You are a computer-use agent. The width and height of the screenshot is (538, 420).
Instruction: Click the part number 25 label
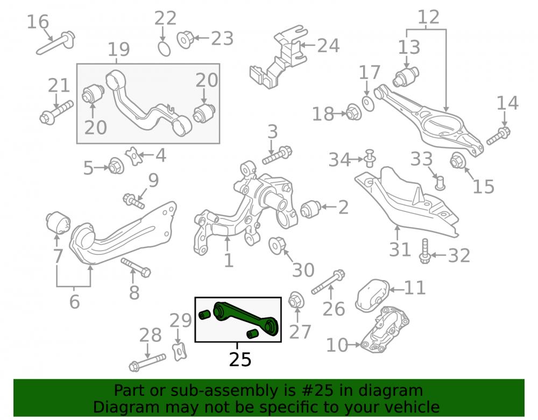[240, 359]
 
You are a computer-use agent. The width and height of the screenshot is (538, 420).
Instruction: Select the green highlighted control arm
[246, 318]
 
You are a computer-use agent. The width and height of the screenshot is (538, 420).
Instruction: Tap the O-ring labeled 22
[164, 49]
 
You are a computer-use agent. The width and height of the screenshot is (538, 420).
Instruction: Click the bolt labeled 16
[55, 43]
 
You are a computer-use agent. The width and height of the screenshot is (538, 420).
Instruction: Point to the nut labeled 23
[186, 39]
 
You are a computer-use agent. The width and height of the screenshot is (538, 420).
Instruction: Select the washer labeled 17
[368, 103]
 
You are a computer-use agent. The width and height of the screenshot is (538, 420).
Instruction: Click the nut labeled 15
[457, 160]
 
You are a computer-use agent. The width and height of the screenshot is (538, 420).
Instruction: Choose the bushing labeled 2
[310, 209]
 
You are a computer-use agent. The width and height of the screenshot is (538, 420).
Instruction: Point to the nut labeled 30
[277, 245]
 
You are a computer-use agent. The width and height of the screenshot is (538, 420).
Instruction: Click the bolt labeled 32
[425, 251]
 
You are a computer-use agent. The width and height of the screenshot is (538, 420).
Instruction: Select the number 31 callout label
[400, 249]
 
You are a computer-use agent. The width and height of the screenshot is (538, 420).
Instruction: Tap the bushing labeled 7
[58, 223]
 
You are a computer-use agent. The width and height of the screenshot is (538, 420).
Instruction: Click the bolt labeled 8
[136, 268]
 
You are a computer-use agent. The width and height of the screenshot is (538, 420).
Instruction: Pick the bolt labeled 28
[147, 362]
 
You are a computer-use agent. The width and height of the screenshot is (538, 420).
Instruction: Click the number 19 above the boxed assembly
[119, 49]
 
